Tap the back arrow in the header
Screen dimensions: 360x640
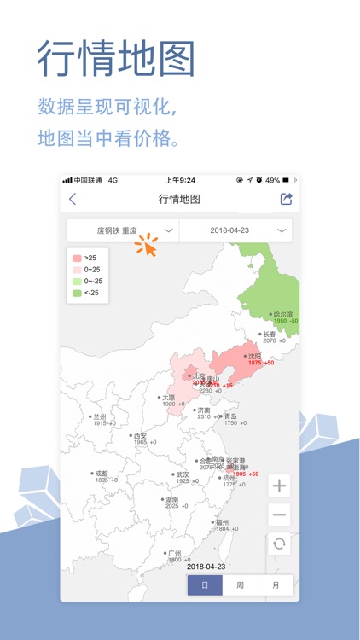point(73,199)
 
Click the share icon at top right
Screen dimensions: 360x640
point(286,199)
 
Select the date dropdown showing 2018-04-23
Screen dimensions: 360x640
point(235,230)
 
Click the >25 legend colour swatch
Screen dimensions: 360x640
point(77,258)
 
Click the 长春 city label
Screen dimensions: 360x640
point(269,335)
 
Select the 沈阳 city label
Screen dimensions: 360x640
point(253,357)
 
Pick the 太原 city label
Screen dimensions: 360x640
point(168,398)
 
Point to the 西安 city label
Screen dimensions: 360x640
point(139,436)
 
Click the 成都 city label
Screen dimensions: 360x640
point(102,474)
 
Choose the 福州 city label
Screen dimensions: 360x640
point(221,522)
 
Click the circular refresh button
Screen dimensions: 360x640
point(279,544)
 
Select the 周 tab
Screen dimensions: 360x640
point(241,585)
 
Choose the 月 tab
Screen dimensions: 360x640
point(276,585)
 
